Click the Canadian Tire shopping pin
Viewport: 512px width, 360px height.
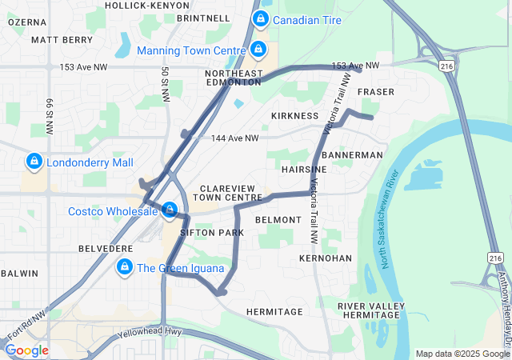tap(260, 18)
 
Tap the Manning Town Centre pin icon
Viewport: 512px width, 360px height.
tap(257, 50)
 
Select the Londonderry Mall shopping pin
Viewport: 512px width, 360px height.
tap(34, 162)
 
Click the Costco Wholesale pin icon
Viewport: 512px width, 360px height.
tap(170, 211)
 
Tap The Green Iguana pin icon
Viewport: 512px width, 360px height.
tap(125, 267)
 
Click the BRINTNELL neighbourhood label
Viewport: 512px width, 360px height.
tap(203, 18)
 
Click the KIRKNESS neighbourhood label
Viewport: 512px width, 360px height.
tap(294, 116)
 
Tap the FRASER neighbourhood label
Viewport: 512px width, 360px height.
tap(376, 92)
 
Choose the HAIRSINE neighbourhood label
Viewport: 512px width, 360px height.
tap(304, 170)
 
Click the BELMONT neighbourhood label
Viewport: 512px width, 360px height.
tap(278, 219)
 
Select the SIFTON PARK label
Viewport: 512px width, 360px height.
tap(212, 233)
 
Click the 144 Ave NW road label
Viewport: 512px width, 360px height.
tap(235, 138)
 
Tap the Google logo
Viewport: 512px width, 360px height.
tap(26, 350)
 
